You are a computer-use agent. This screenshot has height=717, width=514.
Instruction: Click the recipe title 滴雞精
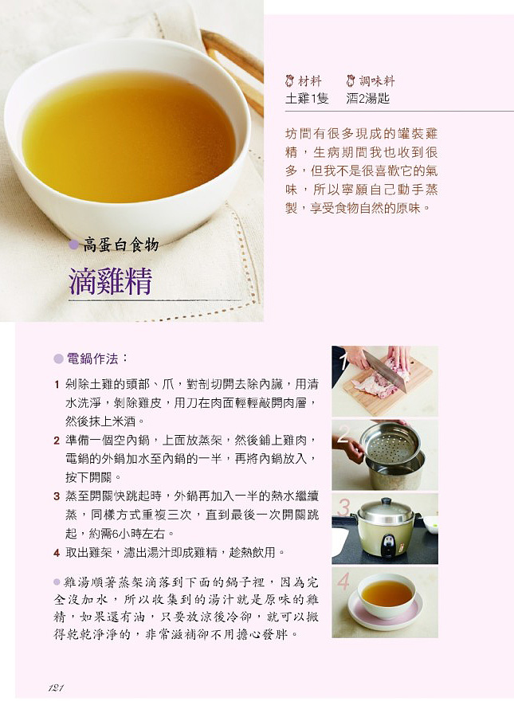110,280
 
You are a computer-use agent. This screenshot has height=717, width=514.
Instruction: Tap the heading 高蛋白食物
120,245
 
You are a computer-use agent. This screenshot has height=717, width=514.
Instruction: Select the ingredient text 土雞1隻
307,98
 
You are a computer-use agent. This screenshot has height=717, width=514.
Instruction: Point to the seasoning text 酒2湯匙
367,98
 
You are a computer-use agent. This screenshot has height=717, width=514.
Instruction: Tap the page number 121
56,688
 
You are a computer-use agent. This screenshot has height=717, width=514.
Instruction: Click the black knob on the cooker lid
386,502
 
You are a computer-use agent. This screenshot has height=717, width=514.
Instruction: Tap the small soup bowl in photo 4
386,595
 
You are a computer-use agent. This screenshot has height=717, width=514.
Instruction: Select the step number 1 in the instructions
57,385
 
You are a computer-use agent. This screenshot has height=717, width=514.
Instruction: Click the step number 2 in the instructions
57,441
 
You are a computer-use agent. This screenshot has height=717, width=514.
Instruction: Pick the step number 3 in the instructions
57,496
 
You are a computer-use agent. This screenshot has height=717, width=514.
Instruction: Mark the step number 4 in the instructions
57,554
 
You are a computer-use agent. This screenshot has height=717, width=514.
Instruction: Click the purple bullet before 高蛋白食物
73,245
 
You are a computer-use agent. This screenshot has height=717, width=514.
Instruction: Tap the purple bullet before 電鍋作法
58,359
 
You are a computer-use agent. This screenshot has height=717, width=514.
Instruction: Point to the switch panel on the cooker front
388,545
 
